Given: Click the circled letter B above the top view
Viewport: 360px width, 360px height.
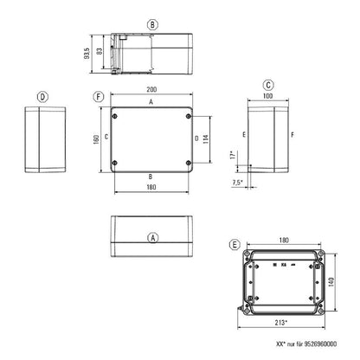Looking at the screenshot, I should point(152,26).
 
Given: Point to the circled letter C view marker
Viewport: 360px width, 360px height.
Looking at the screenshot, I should point(269,84).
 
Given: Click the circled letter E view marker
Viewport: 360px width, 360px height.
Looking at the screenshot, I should point(235,245).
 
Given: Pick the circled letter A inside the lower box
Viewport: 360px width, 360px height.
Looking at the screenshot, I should point(152,236).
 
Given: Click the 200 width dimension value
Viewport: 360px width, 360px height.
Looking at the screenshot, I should point(151,90).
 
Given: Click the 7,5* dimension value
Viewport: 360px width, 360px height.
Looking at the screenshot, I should point(236,183).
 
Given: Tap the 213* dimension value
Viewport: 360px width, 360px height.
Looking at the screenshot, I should point(280,322).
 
